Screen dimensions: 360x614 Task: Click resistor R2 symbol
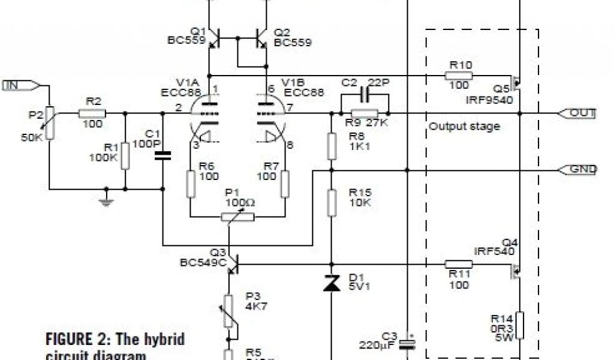[x=92, y=113]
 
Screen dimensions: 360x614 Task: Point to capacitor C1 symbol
[x=162, y=155]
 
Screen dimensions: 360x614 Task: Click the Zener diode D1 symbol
[x=332, y=284]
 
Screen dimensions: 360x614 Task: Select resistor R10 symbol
[x=458, y=76]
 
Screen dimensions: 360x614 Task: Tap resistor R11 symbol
[x=458, y=263]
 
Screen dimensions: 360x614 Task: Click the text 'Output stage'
[x=464, y=127]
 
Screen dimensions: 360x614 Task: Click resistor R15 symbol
[x=332, y=202]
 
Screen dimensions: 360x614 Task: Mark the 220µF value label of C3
[x=377, y=346]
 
